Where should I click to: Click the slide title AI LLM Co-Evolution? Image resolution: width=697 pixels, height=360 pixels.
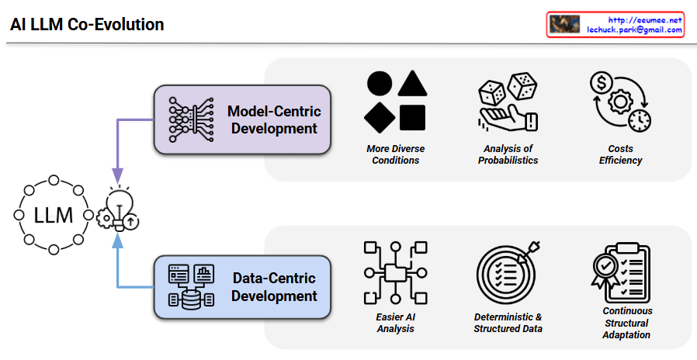[87, 25]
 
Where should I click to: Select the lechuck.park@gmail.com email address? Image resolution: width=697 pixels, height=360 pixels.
[634, 30]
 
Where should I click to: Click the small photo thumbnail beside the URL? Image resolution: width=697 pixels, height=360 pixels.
[564, 25]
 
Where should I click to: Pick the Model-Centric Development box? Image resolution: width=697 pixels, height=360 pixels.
[242, 119]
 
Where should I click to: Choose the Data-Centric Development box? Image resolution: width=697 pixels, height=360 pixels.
[242, 286]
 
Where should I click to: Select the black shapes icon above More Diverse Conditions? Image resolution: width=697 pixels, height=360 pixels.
[395, 102]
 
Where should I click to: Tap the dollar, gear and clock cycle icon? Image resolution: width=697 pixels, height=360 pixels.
[620, 102]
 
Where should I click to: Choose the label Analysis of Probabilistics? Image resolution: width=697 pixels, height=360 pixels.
[508, 154]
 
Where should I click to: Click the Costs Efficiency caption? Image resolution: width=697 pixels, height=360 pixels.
[620, 154]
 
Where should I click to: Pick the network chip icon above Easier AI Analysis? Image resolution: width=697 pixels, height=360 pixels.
[395, 272]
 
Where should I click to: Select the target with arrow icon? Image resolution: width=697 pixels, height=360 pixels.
[508, 272]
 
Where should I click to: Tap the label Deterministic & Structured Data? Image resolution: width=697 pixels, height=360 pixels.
[508, 323]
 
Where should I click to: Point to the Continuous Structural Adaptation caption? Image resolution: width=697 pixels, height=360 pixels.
[626, 323]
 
